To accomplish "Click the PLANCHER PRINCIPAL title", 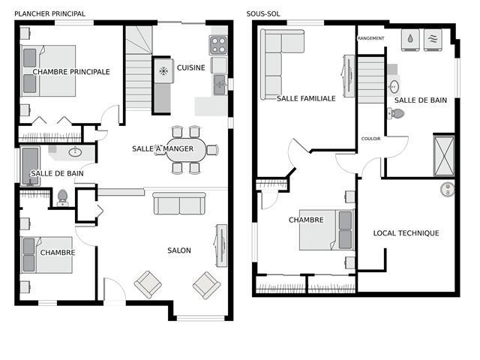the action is click(x=50, y=13).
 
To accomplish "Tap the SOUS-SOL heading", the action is click(x=263, y=13).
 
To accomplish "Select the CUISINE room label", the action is click(x=191, y=67).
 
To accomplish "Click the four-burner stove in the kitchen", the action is click(x=218, y=45).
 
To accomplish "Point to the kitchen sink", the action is click(x=220, y=85).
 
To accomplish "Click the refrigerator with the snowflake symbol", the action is click(x=163, y=70).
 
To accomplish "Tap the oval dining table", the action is click(x=186, y=150).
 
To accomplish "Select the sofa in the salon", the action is click(x=179, y=203).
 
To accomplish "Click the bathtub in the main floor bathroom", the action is click(x=30, y=166).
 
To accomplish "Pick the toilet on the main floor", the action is click(x=62, y=198).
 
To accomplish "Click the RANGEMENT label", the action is click(x=370, y=38).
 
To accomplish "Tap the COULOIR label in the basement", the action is click(x=371, y=139).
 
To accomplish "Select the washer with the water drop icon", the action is click(x=410, y=40).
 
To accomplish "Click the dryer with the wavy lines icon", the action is click(x=433, y=40).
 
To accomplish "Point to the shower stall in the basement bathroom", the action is click(x=444, y=156).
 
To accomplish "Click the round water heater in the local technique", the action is click(x=447, y=190).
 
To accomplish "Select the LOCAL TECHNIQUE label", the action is click(x=406, y=233).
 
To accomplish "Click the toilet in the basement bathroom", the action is click(x=396, y=113).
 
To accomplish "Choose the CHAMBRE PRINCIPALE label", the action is click(x=71, y=72).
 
